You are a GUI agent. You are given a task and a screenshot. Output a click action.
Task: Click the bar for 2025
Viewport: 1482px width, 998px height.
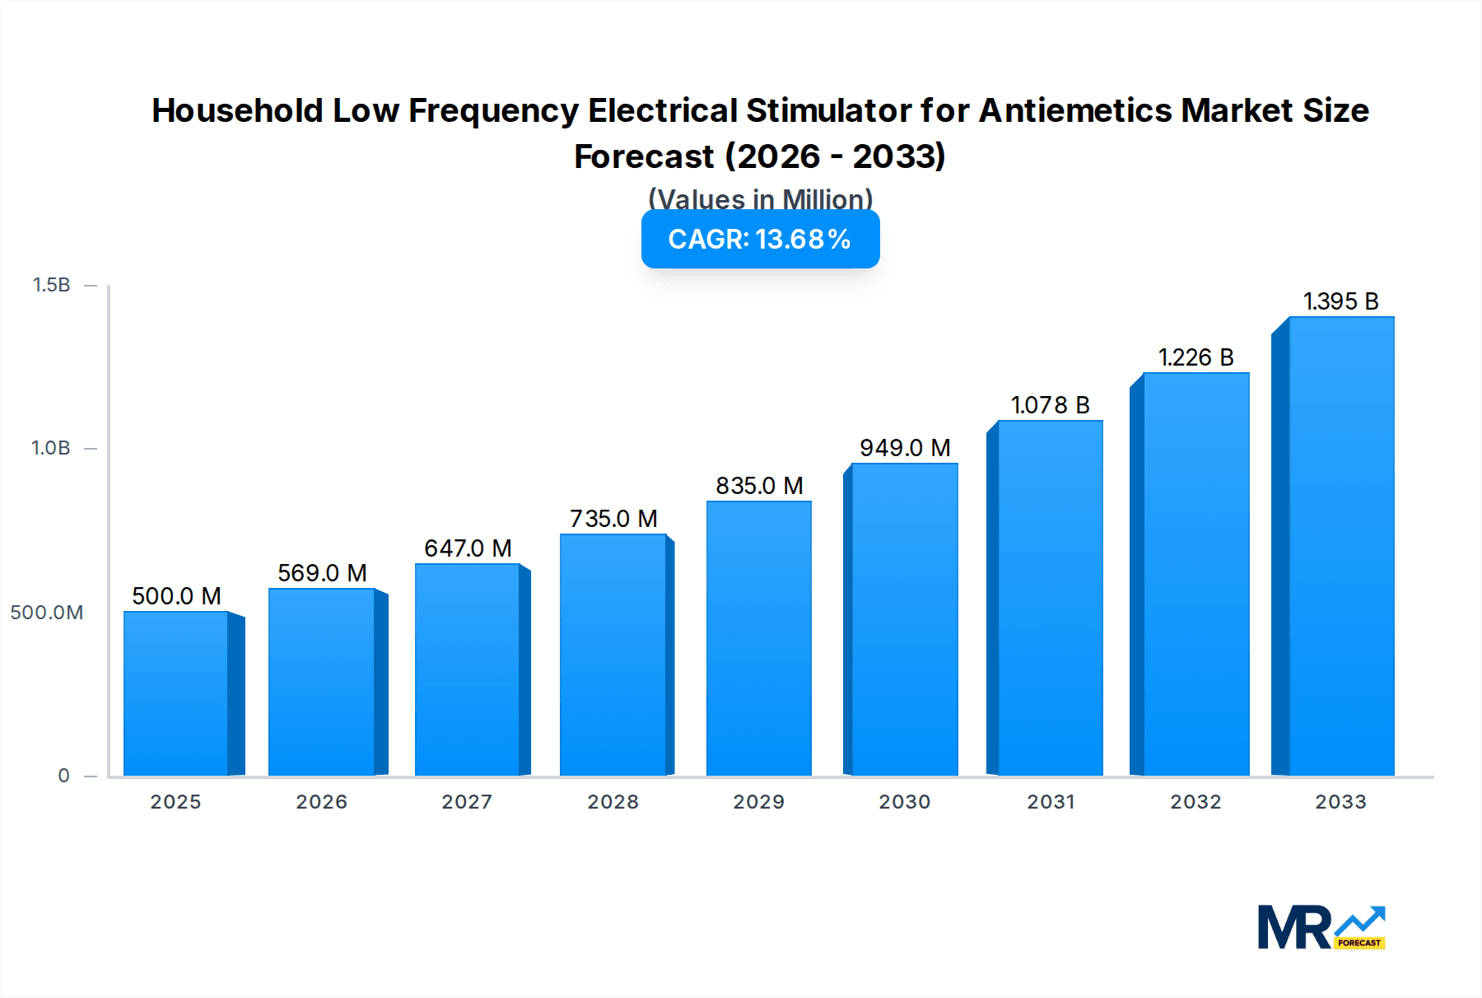[x=176, y=693]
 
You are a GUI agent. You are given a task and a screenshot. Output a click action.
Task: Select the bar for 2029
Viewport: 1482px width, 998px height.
[x=758, y=638]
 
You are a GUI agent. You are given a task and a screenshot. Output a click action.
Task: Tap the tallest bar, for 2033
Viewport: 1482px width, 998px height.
[x=1340, y=546]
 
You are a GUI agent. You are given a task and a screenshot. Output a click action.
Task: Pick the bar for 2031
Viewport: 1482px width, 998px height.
[x=1050, y=598]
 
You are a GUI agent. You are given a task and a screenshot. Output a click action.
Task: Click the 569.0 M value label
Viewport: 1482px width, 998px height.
[x=322, y=573]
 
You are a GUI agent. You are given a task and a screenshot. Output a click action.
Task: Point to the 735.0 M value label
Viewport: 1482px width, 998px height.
[x=613, y=519]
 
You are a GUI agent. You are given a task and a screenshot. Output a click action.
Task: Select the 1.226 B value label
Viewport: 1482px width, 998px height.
[x=1195, y=357]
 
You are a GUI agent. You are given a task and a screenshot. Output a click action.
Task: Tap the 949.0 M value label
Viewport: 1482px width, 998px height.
[x=905, y=448]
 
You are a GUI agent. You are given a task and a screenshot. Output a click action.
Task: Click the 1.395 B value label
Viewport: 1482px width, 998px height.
[x=1340, y=301]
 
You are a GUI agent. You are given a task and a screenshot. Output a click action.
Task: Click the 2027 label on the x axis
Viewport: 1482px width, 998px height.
[x=467, y=802]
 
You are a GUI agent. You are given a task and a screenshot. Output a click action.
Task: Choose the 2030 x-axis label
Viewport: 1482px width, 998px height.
[x=904, y=802]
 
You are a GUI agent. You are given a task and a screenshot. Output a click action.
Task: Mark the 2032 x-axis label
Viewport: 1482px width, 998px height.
[x=1195, y=802]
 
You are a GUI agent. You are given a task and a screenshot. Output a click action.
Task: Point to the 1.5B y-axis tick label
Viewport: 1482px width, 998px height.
[x=51, y=285]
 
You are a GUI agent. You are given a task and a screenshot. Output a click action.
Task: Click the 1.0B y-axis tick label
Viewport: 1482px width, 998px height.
[x=51, y=448]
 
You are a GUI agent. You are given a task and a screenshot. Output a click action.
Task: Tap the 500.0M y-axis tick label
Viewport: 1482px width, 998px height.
[x=47, y=613]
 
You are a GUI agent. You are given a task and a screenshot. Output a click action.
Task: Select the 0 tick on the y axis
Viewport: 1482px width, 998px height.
[x=63, y=776]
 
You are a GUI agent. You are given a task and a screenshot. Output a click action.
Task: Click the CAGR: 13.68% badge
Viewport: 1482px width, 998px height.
[x=760, y=240]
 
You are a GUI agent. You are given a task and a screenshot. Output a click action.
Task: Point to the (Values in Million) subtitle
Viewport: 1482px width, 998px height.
[x=760, y=198]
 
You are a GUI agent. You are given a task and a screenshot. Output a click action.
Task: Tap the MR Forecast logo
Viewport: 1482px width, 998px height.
[x=1321, y=928]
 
